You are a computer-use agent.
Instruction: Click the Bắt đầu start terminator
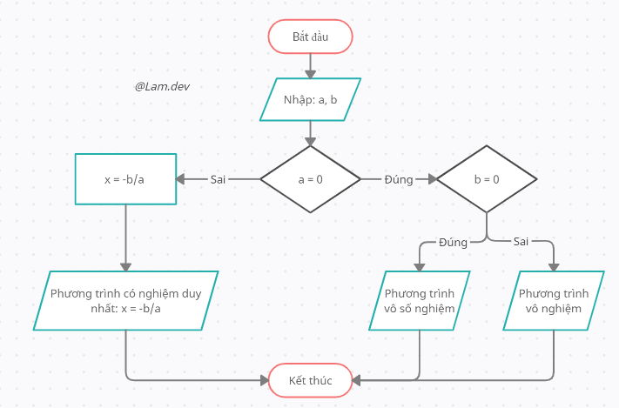[x=310, y=37]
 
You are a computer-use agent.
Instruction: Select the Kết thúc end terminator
[x=310, y=380]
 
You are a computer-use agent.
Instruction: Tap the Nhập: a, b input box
[x=310, y=99]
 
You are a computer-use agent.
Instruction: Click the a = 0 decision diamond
[x=310, y=179]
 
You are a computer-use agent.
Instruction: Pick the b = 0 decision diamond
[x=487, y=179]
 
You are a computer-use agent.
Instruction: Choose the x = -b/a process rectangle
[x=125, y=179]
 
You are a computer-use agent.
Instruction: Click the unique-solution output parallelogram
[x=125, y=301]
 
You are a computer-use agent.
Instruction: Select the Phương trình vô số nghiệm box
[x=420, y=301]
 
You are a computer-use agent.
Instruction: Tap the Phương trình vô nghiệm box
[x=554, y=301]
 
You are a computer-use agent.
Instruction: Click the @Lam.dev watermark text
[x=162, y=86]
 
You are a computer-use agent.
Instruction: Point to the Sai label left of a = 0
[x=218, y=179]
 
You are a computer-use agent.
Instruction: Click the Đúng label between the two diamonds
[x=399, y=179]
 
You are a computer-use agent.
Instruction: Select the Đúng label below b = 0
[x=453, y=242]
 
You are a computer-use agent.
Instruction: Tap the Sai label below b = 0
[x=521, y=242]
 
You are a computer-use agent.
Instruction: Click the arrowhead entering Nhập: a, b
[x=310, y=74]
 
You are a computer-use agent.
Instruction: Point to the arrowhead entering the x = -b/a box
[x=180, y=179]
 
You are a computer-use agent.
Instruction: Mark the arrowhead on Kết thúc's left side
[x=265, y=380]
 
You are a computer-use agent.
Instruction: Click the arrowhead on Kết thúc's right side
[x=356, y=380]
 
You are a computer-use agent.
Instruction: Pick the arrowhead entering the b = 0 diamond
[x=433, y=179]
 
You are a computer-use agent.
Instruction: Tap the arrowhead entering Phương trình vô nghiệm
[x=554, y=268]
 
